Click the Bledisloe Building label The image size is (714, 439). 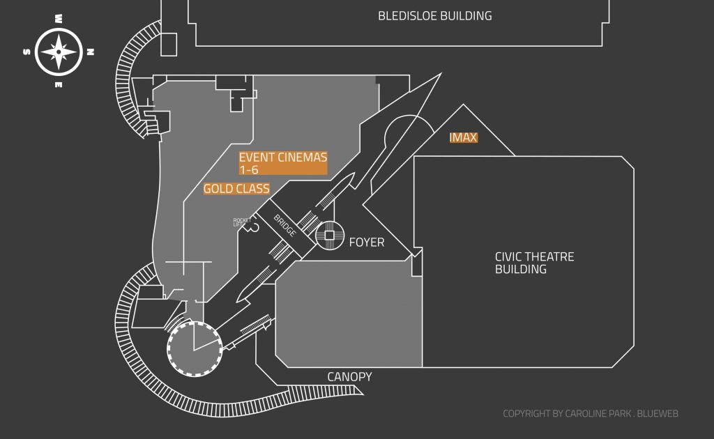click(434, 15)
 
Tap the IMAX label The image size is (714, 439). click(464, 138)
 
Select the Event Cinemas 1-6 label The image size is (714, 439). click(283, 163)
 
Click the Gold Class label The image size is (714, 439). click(236, 189)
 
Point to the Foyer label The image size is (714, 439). click(367, 242)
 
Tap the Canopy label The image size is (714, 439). click(349, 377)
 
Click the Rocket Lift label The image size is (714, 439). click(242, 222)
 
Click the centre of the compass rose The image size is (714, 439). click(59, 52)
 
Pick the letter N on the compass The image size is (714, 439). click(91, 52)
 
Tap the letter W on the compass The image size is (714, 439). click(59, 19)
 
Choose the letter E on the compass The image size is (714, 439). click(59, 85)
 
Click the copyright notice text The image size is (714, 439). click(591, 414)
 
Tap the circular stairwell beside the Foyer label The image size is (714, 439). click(329, 236)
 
